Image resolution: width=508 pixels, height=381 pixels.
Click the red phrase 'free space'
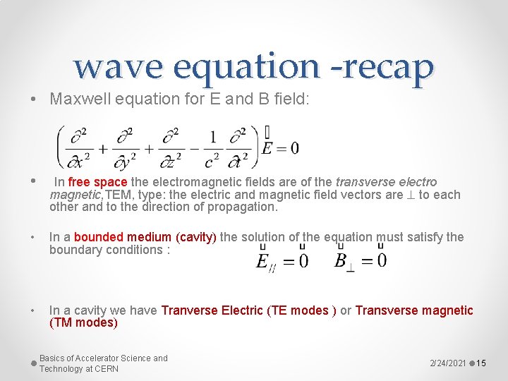point(98,182)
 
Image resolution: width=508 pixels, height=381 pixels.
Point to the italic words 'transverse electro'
point(386,182)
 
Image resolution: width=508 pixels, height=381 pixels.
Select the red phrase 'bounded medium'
point(123,237)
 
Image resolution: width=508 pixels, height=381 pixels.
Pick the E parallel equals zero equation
point(282,262)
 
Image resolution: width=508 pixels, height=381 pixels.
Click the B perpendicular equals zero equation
point(360,262)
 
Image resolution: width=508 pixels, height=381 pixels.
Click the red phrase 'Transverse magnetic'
point(414,310)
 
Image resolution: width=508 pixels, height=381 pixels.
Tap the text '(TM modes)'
point(83,323)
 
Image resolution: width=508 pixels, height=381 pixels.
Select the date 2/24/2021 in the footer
point(448,363)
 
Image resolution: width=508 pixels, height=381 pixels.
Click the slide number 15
point(482,363)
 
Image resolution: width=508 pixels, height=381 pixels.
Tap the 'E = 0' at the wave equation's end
point(280,148)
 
